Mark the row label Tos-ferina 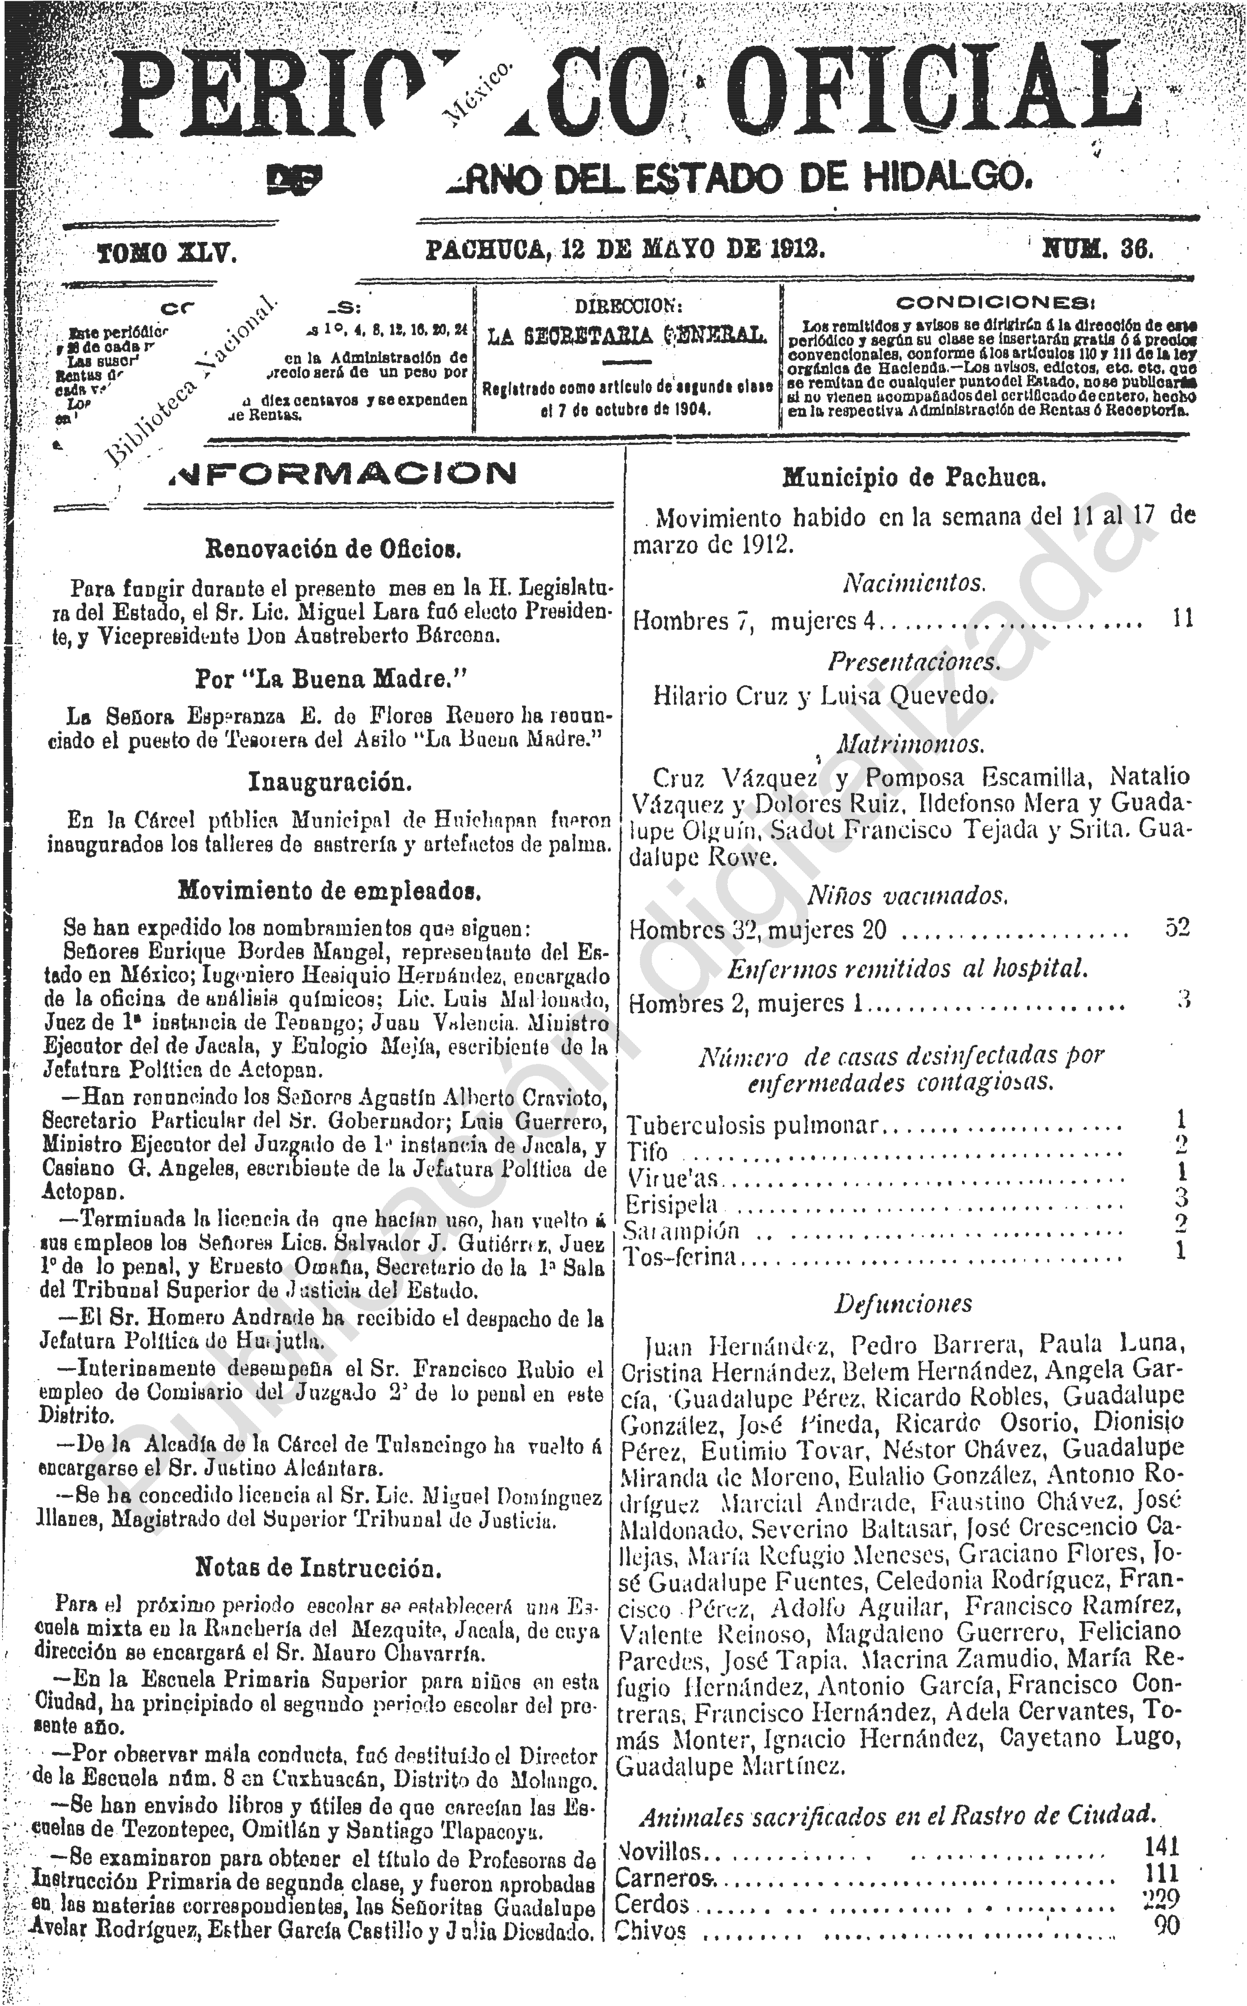tap(680, 1257)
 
